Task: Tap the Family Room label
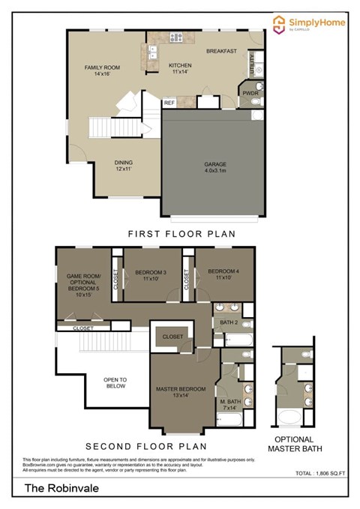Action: [x=102, y=71]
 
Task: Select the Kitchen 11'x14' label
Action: [x=180, y=68]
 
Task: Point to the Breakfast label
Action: [x=223, y=51]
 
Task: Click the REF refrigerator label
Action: [x=169, y=103]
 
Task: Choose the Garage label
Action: [x=215, y=167]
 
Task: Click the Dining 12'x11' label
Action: [x=124, y=166]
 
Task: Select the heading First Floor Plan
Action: [x=181, y=234]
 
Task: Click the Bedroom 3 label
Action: [x=155, y=275]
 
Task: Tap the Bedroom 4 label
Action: [x=223, y=274]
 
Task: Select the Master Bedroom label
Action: [x=181, y=393]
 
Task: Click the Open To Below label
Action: [x=117, y=383]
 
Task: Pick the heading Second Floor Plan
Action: [x=145, y=445]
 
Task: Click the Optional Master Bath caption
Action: [x=298, y=444]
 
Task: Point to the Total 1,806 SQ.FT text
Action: [x=316, y=475]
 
